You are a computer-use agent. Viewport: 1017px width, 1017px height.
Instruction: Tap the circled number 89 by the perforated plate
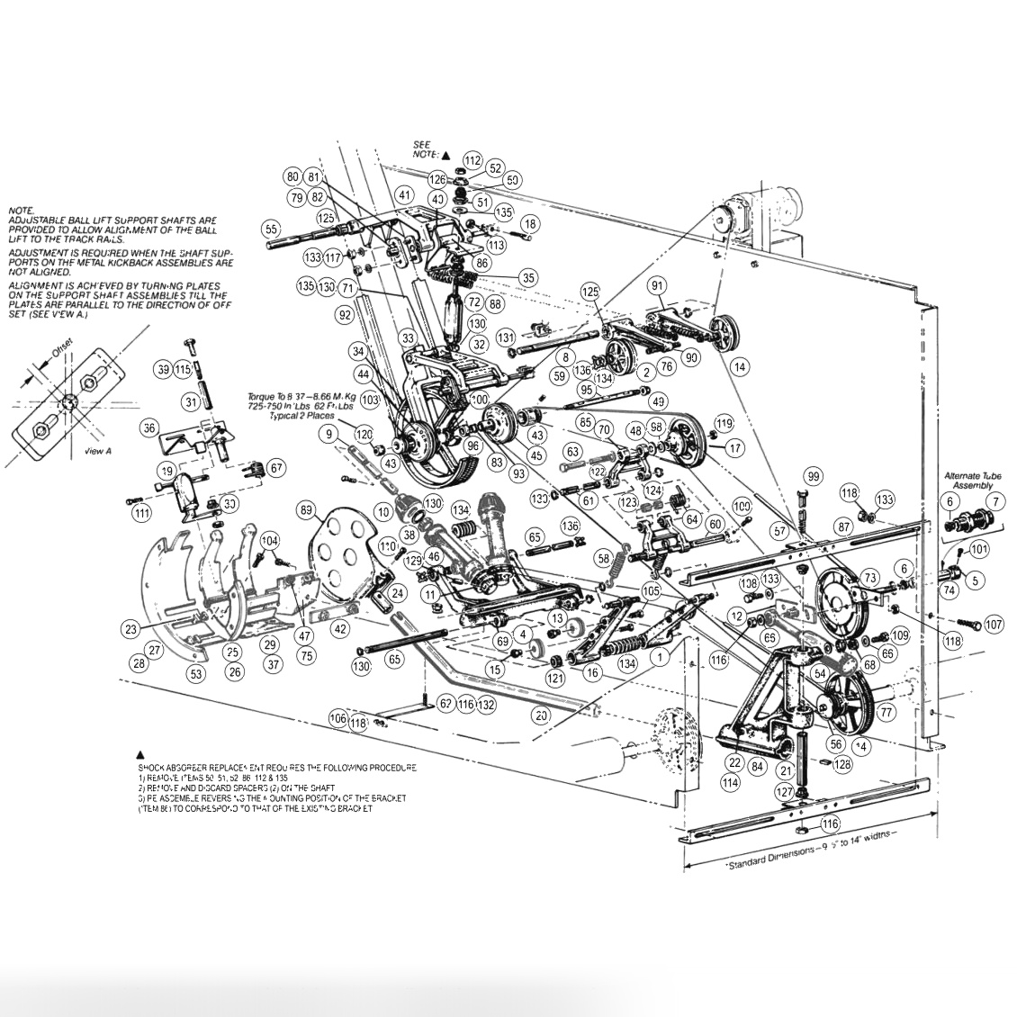(x=307, y=511)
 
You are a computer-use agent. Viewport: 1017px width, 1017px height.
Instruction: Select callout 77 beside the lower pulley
(x=886, y=712)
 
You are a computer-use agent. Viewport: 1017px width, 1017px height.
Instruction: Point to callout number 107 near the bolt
(x=993, y=624)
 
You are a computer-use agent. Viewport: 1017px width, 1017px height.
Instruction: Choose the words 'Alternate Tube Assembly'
(x=967, y=480)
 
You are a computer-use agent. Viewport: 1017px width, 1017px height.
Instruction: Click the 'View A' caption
(x=97, y=451)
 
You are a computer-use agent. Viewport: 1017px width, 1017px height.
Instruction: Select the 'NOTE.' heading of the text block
(x=21, y=209)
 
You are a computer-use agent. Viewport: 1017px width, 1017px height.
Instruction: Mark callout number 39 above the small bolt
(x=163, y=369)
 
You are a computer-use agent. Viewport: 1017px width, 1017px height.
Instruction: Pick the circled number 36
(x=149, y=427)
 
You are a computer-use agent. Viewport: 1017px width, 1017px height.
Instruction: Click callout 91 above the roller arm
(x=657, y=286)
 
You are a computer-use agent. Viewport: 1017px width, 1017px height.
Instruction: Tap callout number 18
(x=530, y=224)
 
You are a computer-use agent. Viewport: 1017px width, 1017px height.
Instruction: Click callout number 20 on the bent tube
(x=541, y=715)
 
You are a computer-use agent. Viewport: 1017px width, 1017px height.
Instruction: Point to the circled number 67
(x=275, y=467)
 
